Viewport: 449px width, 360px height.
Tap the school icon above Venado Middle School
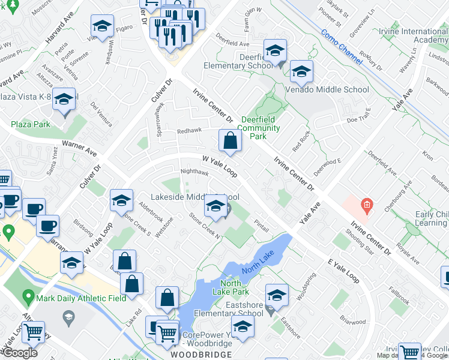301,73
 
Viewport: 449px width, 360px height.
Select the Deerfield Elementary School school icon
275,51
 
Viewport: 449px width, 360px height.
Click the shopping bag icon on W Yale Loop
230,142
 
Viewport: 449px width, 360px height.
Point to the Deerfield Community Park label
261,128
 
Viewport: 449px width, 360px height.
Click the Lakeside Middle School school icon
215,206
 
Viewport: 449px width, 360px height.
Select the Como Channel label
342,46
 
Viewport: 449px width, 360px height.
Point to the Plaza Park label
31,124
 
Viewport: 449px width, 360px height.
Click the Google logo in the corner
19,353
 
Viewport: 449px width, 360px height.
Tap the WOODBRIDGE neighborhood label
200,355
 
